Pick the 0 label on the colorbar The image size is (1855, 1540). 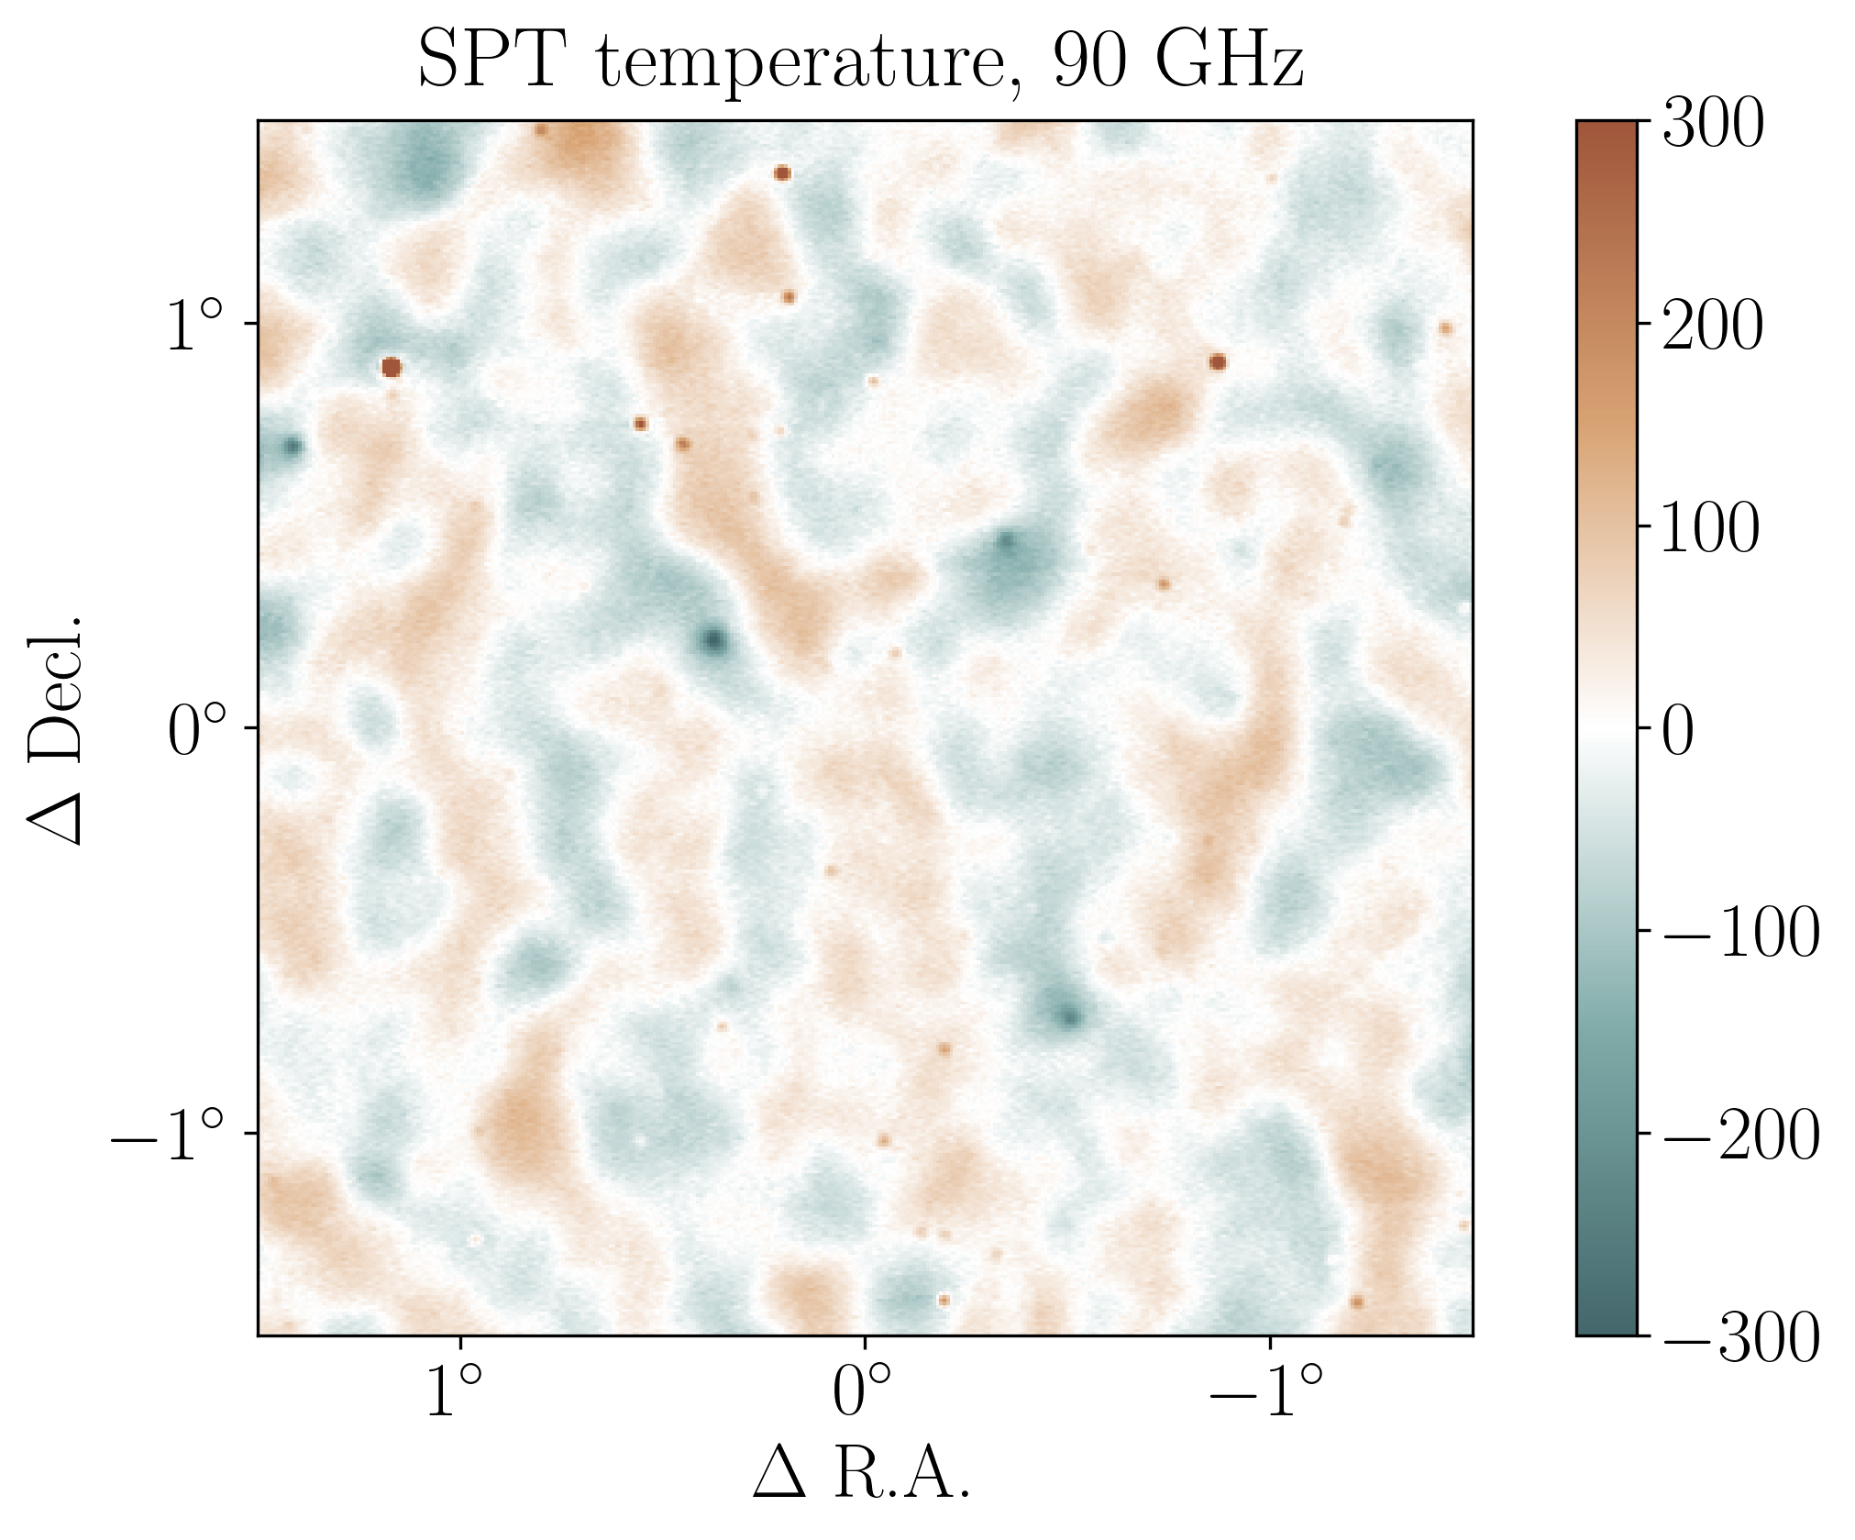[1679, 732]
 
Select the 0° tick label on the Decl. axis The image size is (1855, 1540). [195, 732]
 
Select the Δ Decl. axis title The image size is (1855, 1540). [57, 729]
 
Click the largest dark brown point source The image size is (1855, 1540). [392, 368]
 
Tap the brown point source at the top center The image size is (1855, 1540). [782, 173]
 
